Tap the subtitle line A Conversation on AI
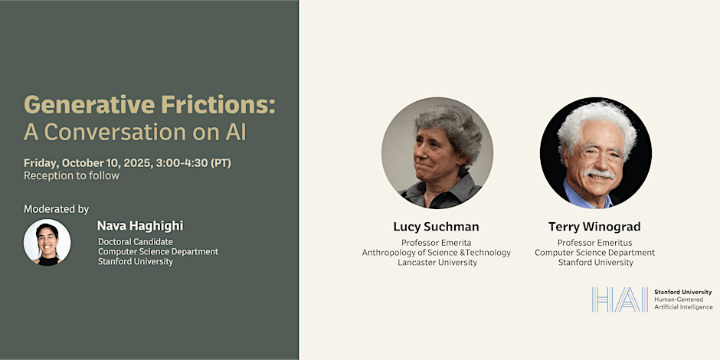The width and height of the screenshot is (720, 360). point(135,133)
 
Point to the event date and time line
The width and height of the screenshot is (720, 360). point(128,163)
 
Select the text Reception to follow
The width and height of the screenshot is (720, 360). point(72,176)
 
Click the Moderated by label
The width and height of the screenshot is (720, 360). point(57,209)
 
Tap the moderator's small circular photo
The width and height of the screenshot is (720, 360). point(47,242)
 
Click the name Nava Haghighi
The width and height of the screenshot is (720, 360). point(140,226)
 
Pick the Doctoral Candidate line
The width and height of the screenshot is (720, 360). point(136,241)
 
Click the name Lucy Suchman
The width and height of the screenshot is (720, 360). point(437,227)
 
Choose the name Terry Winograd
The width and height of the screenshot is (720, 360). point(594,227)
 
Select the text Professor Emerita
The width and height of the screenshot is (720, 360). point(437,243)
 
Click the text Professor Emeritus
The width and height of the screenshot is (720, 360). point(594,243)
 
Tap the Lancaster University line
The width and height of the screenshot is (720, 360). point(437,263)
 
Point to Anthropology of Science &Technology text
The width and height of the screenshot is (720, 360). point(437,253)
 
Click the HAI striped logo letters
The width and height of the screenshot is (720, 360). point(620,299)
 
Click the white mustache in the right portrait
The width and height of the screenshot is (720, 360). point(600,174)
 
